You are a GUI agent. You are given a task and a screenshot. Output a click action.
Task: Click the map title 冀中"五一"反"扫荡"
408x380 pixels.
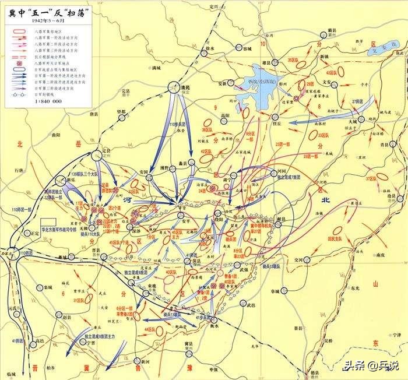click(44, 12)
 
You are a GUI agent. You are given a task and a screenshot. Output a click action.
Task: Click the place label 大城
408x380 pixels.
click(353, 120)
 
